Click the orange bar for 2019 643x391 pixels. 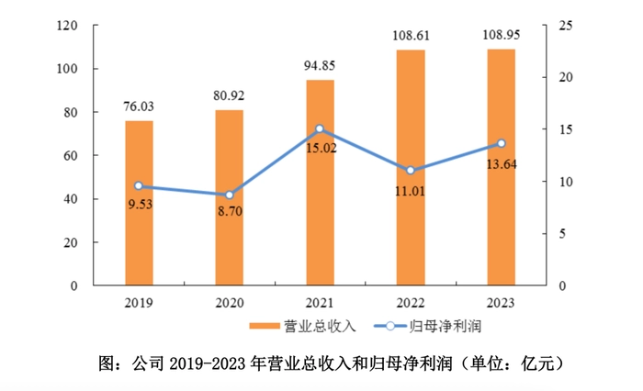coord(139,203)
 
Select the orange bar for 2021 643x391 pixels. coord(320,183)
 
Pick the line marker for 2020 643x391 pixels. coord(229,195)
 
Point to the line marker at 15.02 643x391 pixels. coord(320,129)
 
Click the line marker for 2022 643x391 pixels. coord(410,171)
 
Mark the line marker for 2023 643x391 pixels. coord(501,143)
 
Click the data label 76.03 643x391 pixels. coord(139,106)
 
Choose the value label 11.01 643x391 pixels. coord(410,193)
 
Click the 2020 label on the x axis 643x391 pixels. coord(229,303)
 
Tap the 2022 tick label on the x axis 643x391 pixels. coord(410,303)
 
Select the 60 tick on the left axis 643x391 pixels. coord(67,155)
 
